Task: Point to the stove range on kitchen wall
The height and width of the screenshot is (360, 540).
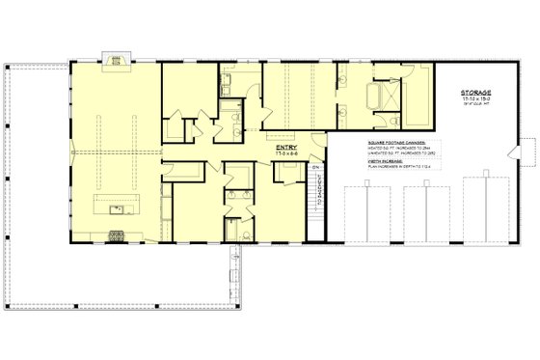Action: [x=118, y=235]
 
